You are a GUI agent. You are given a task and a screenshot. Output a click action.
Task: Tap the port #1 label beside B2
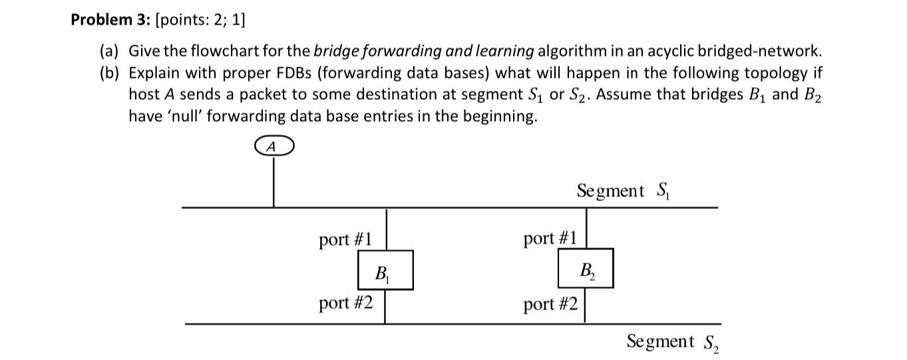click(x=550, y=238)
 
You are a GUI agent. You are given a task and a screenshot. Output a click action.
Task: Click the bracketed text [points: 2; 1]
click(x=200, y=20)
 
